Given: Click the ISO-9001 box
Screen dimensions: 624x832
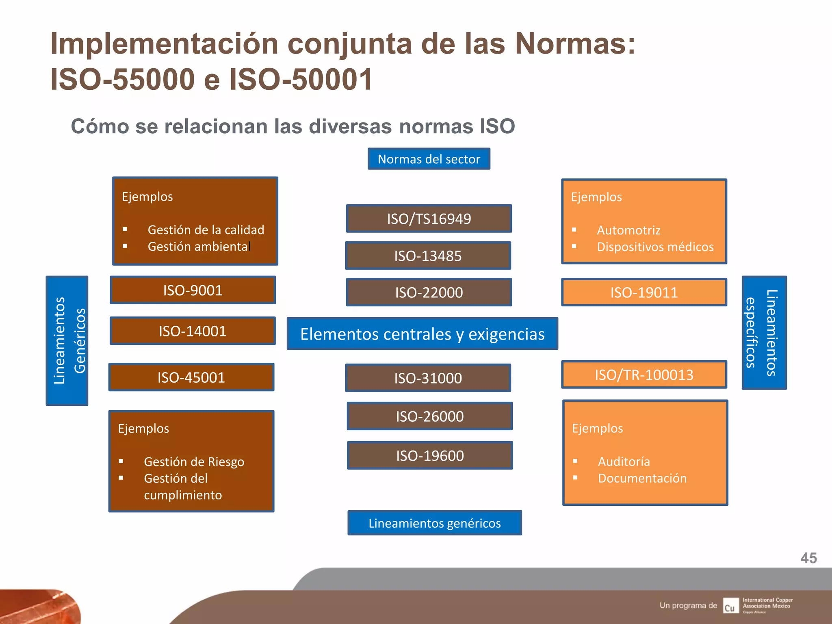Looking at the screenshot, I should [193, 290].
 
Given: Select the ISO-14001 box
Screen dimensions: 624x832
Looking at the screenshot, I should [193, 331].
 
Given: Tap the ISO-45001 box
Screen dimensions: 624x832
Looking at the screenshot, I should [191, 377].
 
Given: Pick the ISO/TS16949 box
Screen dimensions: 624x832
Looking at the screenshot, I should [429, 219].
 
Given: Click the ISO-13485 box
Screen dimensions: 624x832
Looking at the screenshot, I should [428, 256].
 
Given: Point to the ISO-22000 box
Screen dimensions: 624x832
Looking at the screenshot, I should [429, 292].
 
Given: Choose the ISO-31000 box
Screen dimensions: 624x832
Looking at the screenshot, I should [428, 378].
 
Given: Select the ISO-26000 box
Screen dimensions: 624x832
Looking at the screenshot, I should [429, 416].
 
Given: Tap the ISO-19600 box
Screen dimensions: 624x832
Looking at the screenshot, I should [430, 455].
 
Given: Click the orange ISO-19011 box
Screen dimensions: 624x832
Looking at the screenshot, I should [644, 292].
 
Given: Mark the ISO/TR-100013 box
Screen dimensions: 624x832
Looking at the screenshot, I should [644, 375].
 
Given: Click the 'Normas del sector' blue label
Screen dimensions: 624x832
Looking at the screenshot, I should [429, 159].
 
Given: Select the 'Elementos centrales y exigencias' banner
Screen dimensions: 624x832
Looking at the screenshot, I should [422, 334].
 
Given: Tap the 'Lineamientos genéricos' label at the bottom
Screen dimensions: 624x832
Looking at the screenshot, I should [434, 523].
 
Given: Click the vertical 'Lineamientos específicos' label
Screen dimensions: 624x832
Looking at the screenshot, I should [764, 333].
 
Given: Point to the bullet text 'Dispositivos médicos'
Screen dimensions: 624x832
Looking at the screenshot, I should [655, 247].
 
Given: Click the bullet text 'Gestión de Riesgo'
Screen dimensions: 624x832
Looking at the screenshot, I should [194, 461].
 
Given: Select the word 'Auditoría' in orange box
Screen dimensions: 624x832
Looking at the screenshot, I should [624, 461].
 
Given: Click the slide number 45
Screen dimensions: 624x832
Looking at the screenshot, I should [808, 558].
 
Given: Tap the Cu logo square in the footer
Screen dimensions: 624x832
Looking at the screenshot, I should [730, 606].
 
